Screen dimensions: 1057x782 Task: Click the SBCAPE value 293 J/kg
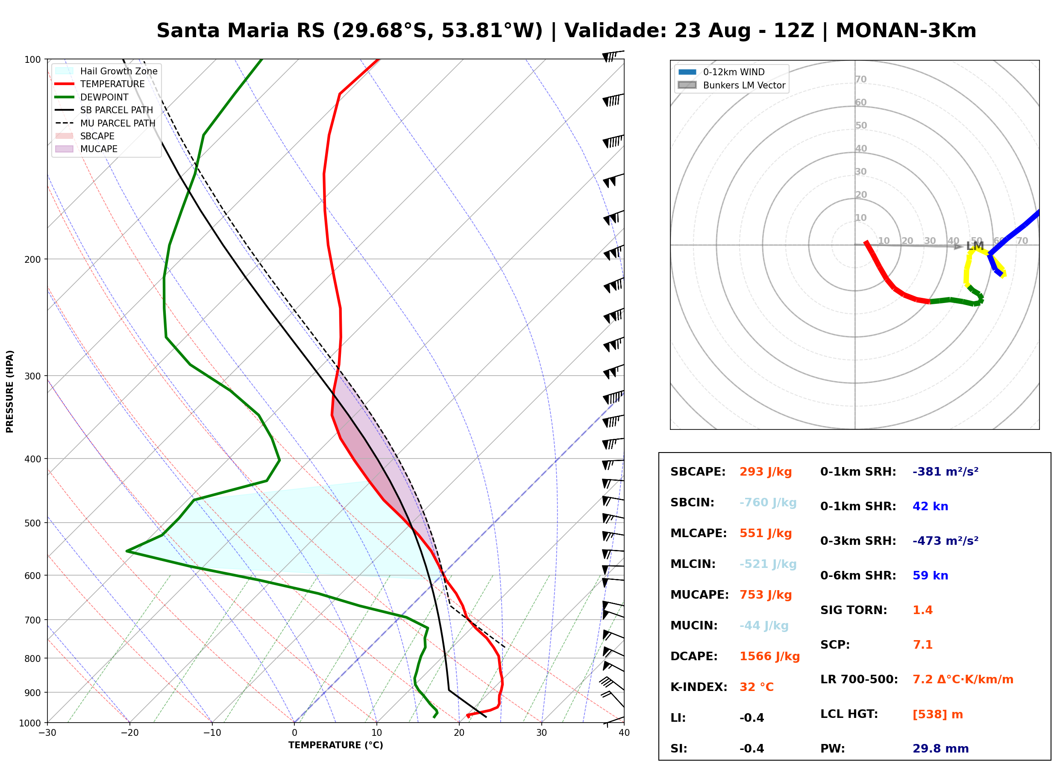[766, 472]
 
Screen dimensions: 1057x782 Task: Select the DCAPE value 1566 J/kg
[769, 656]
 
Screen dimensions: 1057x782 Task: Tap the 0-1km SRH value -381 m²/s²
[945, 472]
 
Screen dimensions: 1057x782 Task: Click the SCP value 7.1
[922, 645]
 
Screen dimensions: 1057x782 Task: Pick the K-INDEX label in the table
[699, 687]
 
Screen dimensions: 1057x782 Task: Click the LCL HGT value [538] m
[937, 714]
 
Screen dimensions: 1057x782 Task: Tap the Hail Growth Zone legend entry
[106, 71]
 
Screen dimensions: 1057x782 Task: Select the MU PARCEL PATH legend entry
[105, 123]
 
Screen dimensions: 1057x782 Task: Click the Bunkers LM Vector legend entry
[731, 85]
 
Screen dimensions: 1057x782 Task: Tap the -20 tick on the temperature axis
[129, 733]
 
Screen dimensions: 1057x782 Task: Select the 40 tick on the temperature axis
[624, 733]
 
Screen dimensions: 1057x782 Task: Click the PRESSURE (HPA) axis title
[10, 391]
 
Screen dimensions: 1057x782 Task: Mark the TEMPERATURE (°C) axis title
[335, 745]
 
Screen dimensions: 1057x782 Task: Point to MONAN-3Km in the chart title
[906, 31]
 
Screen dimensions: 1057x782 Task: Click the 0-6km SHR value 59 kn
[930, 576]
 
